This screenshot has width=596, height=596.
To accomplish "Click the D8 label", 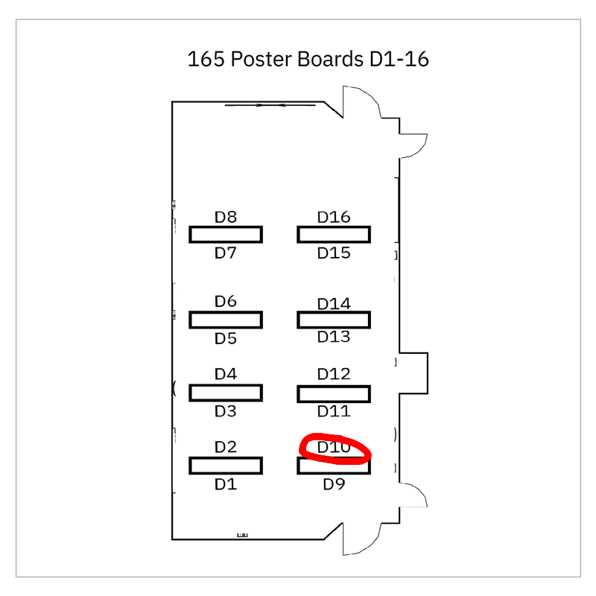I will pos(226,218).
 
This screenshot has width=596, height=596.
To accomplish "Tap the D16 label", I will pos(334,218).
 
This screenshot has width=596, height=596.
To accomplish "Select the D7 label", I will pos(226,253).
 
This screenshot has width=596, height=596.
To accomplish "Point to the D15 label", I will pos(334,253).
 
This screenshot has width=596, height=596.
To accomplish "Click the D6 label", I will pos(226,302).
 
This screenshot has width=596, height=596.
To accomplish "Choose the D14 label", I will pos(334,304).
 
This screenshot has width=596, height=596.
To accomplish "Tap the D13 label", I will pos(334,337).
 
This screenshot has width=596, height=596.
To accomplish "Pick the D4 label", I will pos(226,374).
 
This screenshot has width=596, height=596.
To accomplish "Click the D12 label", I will pos(334,374).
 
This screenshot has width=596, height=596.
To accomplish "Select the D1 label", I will pos(226,485).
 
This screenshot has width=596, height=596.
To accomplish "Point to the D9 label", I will pos(334,485).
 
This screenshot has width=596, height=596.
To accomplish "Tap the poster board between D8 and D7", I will pos(226,235).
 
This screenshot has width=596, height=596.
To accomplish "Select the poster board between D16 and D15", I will pos(334,235).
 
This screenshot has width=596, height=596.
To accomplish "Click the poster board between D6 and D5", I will pos(226,320).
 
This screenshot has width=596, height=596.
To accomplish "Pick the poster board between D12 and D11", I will pos(334,393).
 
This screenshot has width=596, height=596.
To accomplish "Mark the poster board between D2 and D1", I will pos(226,466).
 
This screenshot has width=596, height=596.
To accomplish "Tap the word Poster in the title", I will pos(261,60).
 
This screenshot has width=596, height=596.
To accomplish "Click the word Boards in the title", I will pos(329,60).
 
